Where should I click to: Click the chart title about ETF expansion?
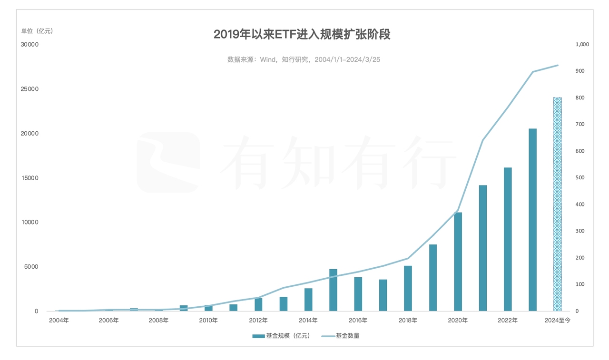pos(302,35)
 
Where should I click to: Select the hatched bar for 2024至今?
pos(558,204)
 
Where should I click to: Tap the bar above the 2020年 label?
pos(458,262)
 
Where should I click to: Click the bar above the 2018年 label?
pos(408,288)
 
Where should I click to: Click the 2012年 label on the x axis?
pos(258,321)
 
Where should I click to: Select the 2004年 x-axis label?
pos(59,321)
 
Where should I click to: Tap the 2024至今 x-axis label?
pos(558,321)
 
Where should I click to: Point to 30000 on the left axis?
pos(29,45)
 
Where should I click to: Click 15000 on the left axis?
pos(29,178)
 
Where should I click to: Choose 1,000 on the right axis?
pos(582,45)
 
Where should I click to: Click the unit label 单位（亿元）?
pos(37,31)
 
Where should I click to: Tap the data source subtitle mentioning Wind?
pos(304,59)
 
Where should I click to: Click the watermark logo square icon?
pos(168,162)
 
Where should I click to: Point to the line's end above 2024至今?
pos(558,65)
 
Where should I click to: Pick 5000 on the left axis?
pos(31,267)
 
